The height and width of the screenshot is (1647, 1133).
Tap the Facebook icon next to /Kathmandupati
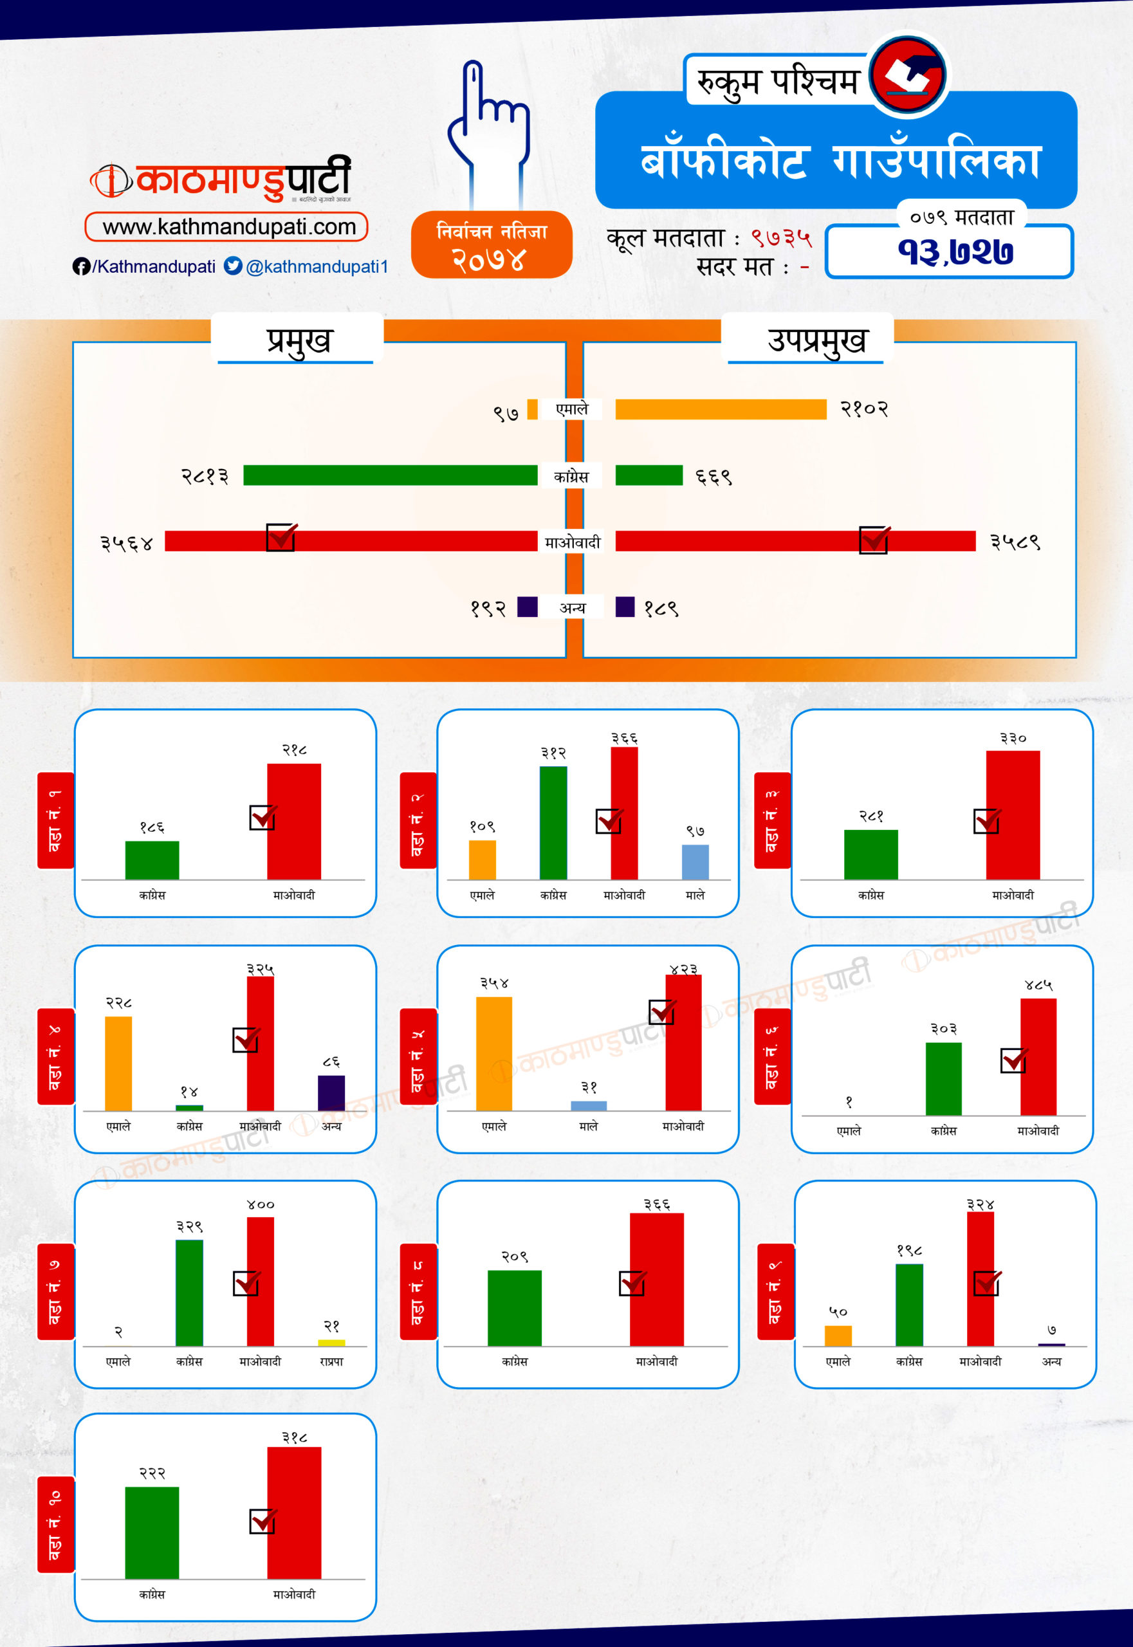tap(81, 266)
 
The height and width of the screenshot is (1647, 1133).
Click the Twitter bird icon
tap(233, 266)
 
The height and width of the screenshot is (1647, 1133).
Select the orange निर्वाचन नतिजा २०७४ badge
tap(492, 244)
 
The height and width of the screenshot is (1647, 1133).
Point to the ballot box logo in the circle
tap(908, 75)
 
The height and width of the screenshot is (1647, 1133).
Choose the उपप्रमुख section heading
tap(816, 341)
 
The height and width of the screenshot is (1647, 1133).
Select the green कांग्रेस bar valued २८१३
tap(390, 475)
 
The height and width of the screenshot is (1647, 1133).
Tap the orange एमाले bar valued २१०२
tap(721, 410)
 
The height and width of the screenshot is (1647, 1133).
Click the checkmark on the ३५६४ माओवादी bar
tap(281, 537)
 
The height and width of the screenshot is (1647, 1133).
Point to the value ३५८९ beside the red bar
tap(1015, 542)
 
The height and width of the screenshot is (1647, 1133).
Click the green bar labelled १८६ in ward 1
tap(152, 860)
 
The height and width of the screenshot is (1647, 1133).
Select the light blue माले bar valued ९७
tap(695, 862)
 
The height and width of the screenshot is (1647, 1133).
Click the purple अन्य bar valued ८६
tap(331, 1092)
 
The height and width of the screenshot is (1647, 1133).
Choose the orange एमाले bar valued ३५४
tap(493, 1054)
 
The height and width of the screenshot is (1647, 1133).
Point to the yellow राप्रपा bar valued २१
tap(331, 1343)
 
